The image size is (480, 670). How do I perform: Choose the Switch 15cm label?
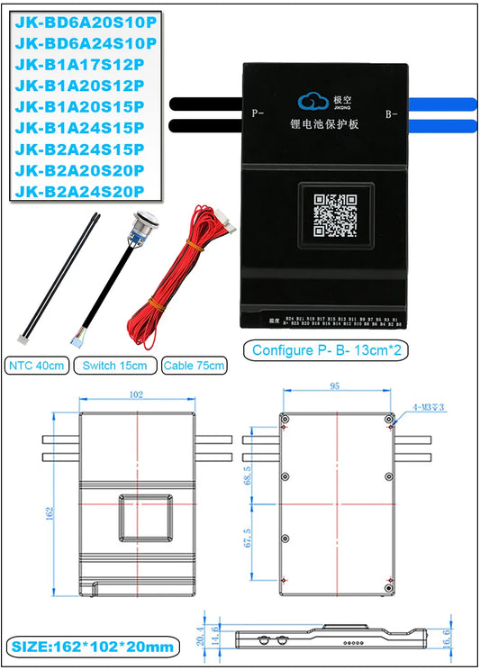click(114, 366)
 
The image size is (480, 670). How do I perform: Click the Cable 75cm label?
click(195, 366)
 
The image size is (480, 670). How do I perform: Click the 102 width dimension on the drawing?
click(136, 394)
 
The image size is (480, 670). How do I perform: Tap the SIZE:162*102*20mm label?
click(90, 647)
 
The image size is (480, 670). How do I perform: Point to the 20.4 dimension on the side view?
click(202, 638)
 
